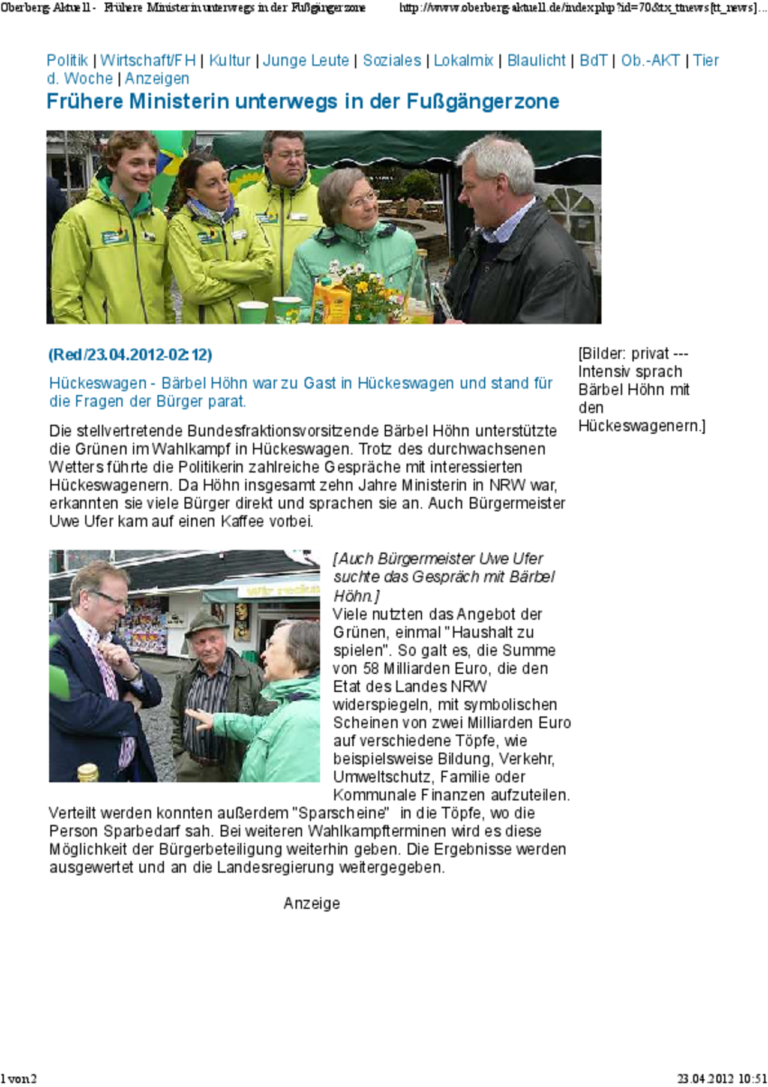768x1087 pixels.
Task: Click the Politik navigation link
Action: click(x=67, y=61)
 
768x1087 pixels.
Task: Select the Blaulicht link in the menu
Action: click(x=536, y=61)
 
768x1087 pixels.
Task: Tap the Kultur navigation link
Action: click(x=229, y=61)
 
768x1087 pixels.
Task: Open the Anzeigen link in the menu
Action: click(x=157, y=79)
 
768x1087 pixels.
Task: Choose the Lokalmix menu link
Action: click(x=463, y=61)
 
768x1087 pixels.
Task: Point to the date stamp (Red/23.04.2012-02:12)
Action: click(x=130, y=355)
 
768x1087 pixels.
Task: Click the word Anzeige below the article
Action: click(x=311, y=903)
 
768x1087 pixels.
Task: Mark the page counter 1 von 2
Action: click(x=19, y=1079)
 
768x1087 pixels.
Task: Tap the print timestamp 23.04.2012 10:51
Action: click(x=722, y=1079)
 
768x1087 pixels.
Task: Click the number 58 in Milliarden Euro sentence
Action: click(x=371, y=668)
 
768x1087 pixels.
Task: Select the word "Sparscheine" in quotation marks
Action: click(x=340, y=813)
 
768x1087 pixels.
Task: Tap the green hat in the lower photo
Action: click(x=206, y=624)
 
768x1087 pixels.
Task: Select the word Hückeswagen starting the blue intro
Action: click(x=98, y=383)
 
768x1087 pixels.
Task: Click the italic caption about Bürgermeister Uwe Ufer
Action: click(x=443, y=576)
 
